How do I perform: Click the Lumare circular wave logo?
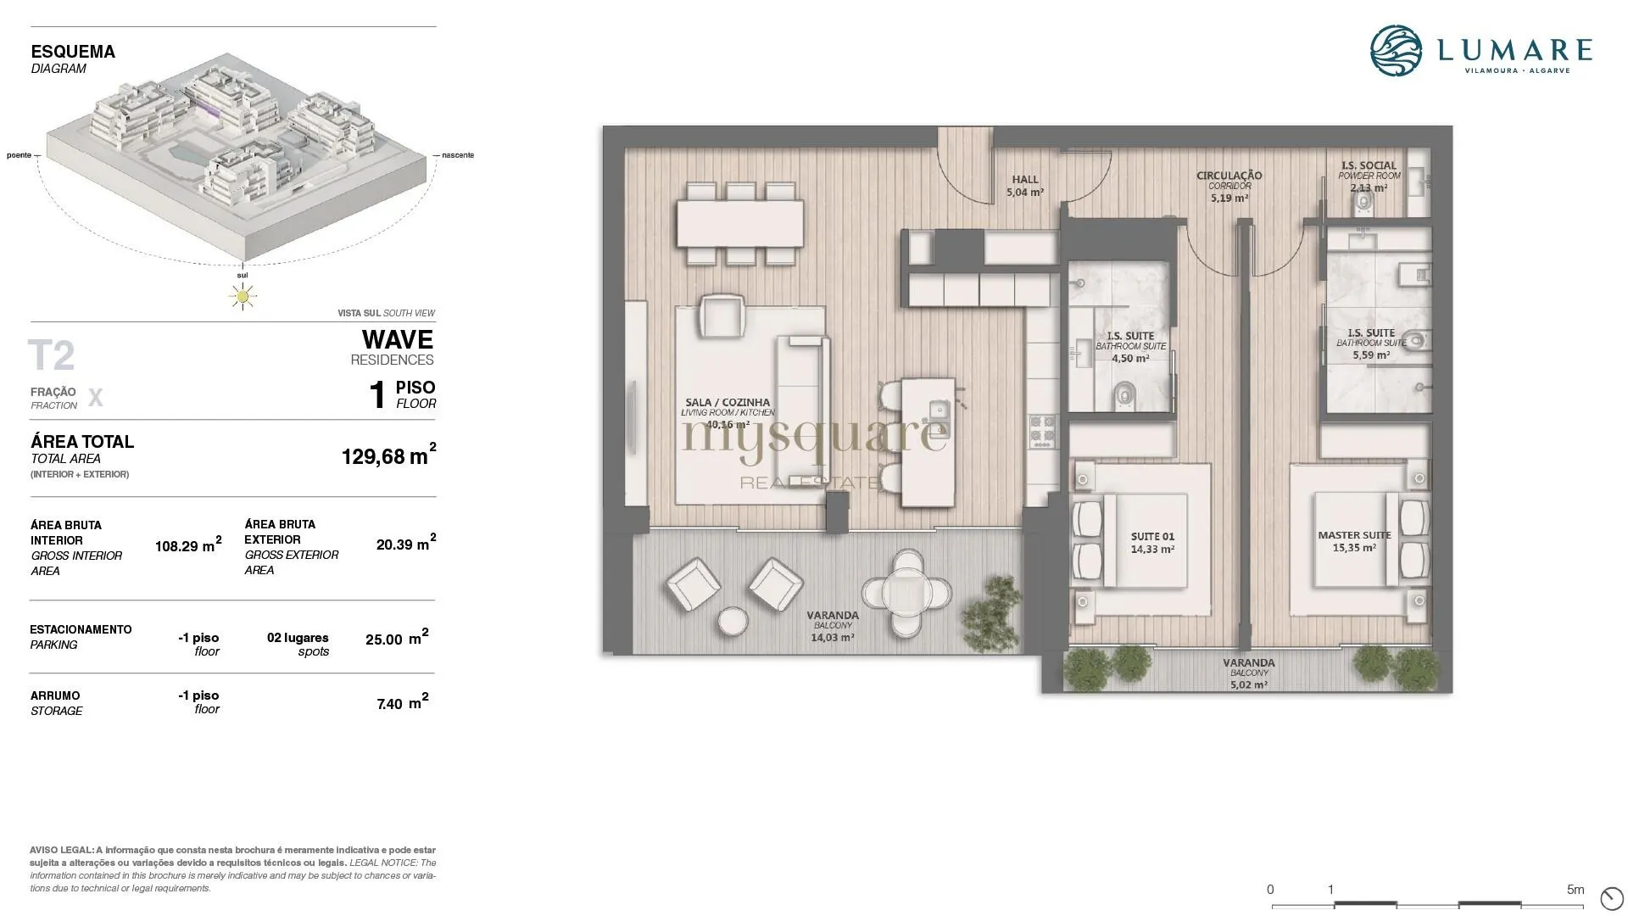coord(1397,51)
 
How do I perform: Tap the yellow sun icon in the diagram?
coord(243,296)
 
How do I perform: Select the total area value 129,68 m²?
coord(389,455)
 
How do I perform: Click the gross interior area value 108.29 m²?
coord(188,545)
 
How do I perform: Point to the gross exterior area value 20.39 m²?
coord(406,544)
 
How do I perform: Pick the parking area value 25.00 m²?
coord(397,638)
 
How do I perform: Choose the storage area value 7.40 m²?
coord(402,702)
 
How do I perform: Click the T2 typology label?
coord(52,356)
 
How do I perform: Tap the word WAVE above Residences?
coord(398,340)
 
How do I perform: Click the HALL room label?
coord(1025,180)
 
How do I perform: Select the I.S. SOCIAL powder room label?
coord(1369,165)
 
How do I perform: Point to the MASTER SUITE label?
coord(1354,535)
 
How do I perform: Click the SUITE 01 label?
coord(1152,536)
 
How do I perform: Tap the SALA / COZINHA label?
coord(728,403)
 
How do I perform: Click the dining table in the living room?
coord(740,223)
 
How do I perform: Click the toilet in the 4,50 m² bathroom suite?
coord(1124,394)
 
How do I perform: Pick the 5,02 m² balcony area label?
coord(1249,684)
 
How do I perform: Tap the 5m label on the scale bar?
coord(1575,890)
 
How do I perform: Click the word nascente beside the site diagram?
coord(458,155)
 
